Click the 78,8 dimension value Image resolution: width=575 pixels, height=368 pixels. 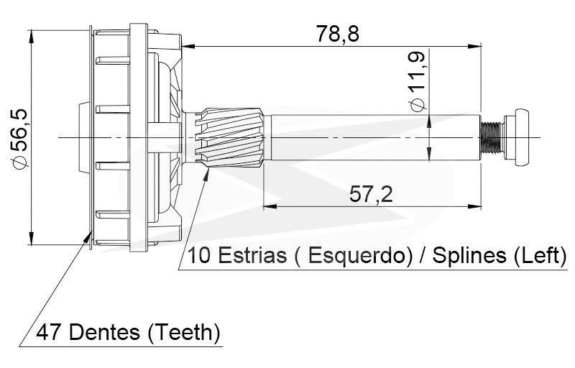pos(338,34)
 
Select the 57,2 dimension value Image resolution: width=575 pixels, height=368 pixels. pos(371,194)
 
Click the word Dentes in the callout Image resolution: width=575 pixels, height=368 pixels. pos(104,332)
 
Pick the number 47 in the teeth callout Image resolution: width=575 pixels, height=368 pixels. pos(49,333)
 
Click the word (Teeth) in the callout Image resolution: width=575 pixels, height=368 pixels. pos(184,333)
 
